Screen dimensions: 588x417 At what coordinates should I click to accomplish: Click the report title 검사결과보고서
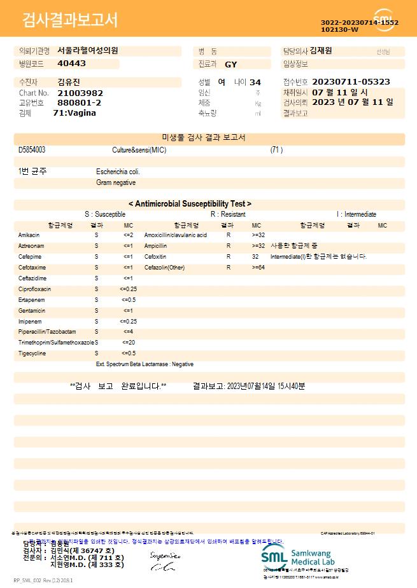click(x=70, y=21)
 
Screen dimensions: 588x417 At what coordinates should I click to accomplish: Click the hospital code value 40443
click(x=71, y=64)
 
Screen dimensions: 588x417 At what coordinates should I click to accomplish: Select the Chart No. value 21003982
click(x=80, y=93)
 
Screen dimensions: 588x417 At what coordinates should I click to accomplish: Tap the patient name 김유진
click(x=69, y=82)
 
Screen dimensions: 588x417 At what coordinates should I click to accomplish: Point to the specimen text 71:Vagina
click(x=74, y=113)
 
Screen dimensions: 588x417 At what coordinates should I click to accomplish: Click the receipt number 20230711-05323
click(x=351, y=82)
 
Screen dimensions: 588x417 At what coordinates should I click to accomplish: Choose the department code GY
click(x=231, y=64)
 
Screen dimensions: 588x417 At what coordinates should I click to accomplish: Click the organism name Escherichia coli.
click(x=118, y=172)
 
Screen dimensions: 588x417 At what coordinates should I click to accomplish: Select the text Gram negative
click(x=116, y=183)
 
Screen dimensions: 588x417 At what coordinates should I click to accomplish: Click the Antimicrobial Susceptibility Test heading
click(x=190, y=204)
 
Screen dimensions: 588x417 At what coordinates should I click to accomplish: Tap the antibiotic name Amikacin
click(x=29, y=235)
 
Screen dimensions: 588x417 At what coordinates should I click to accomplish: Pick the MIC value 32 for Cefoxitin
click(x=255, y=257)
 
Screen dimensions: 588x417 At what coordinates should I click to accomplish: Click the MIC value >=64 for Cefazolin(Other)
click(x=258, y=268)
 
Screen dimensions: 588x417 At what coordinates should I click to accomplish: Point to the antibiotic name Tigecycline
click(x=32, y=353)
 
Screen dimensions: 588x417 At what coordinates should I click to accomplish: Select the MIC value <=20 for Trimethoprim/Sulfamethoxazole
click(x=128, y=343)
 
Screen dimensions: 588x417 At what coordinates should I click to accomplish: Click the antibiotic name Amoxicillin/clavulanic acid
click(x=176, y=235)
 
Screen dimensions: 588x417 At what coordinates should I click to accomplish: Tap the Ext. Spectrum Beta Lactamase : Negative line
click(x=145, y=364)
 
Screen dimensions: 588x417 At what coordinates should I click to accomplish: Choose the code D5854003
click(x=32, y=150)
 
